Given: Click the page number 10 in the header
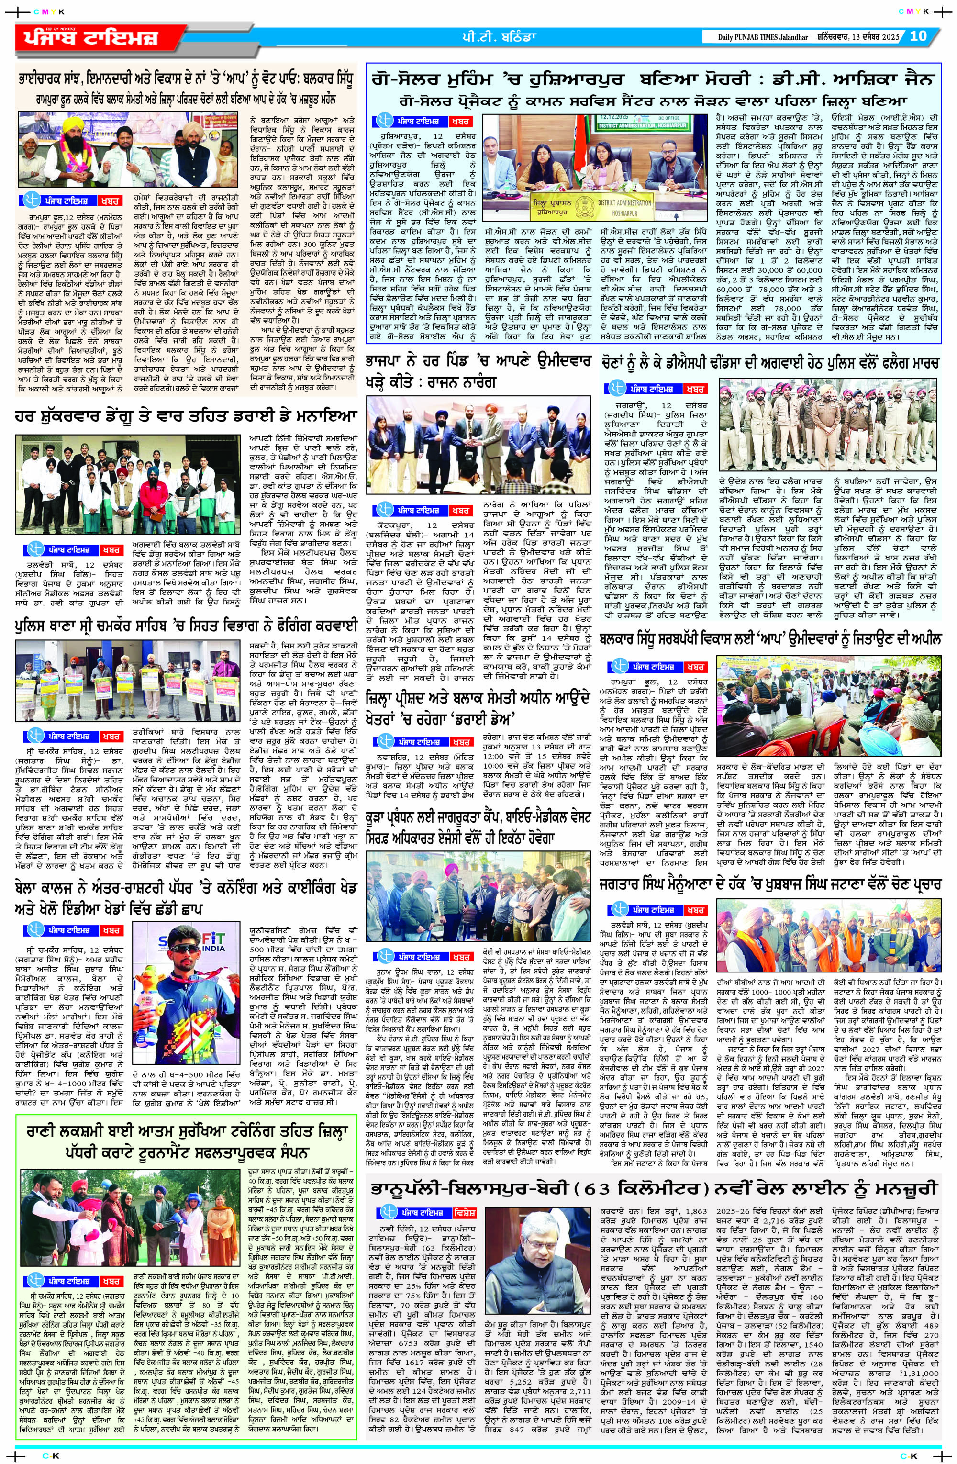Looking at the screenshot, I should click(918, 36).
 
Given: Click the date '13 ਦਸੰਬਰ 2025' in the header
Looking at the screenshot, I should click(875, 37).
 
